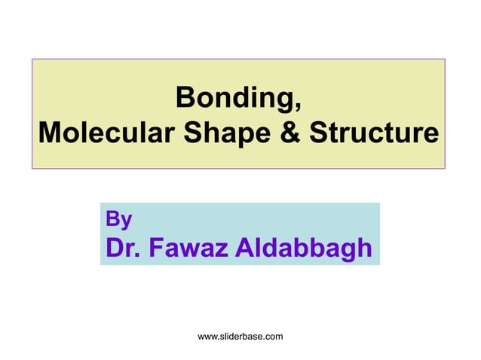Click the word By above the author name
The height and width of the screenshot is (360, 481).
[119, 220]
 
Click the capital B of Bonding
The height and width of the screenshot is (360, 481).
[183, 98]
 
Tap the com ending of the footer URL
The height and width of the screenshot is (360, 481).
[274, 337]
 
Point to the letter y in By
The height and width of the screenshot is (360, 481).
[127, 222]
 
